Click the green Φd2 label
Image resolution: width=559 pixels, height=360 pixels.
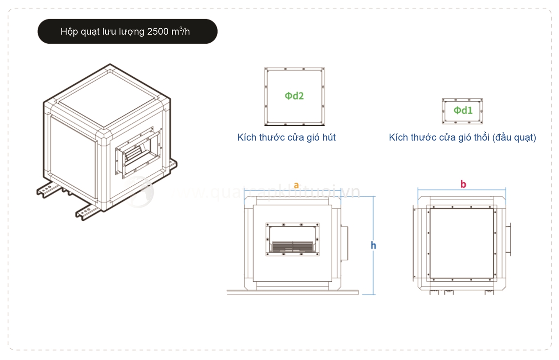tap(294, 96)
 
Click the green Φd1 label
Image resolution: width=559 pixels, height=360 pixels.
tap(463, 110)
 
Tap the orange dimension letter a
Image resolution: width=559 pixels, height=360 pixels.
tap(296, 185)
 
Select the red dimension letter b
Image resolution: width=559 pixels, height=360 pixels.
tap(463, 184)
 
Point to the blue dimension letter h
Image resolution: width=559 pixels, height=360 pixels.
tap(373, 245)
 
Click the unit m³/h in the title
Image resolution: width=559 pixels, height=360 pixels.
tap(181, 32)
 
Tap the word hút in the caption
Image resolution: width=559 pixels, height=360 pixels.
tap(328, 138)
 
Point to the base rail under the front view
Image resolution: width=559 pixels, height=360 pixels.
tap(293, 292)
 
